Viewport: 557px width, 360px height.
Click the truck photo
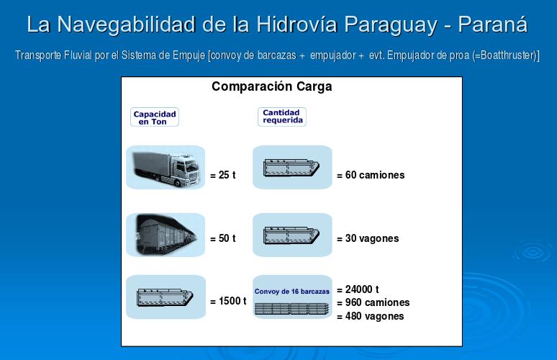(x=166, y=167)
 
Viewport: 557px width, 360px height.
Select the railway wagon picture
(x=166, y=235)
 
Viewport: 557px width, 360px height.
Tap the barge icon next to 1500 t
(x=166, y=297)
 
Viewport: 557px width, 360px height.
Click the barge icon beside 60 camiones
(x=291, y=168)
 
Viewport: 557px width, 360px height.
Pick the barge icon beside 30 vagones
(x=291, y=235)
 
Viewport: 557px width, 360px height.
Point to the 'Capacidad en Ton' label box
(x=155, y=117)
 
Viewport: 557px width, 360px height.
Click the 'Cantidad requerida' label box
(x=281, y=117)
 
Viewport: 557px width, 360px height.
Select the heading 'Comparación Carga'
(x=272, y=86)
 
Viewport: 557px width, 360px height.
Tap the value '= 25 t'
(x=223, y=175)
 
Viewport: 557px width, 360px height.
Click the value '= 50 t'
(x=223, y=238)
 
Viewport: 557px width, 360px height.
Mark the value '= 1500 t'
(x=228, y=301)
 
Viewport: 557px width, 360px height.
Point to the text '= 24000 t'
(x=358, y=289)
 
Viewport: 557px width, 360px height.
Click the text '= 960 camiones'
(x=373, y=303)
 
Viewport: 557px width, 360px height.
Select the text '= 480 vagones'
(x=371, y=316)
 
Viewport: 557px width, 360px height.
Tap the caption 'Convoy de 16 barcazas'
(x=292, y=292)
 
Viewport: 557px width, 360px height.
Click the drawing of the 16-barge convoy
(x=291, y=308)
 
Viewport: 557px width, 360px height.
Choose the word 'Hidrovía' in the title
(x=296, y=24)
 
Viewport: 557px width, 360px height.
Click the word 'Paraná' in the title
(x=492, y=24)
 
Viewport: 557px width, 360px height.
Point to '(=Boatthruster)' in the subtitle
(x=506, y=55)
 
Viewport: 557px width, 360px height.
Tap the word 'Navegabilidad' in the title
(x=126, y=25)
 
